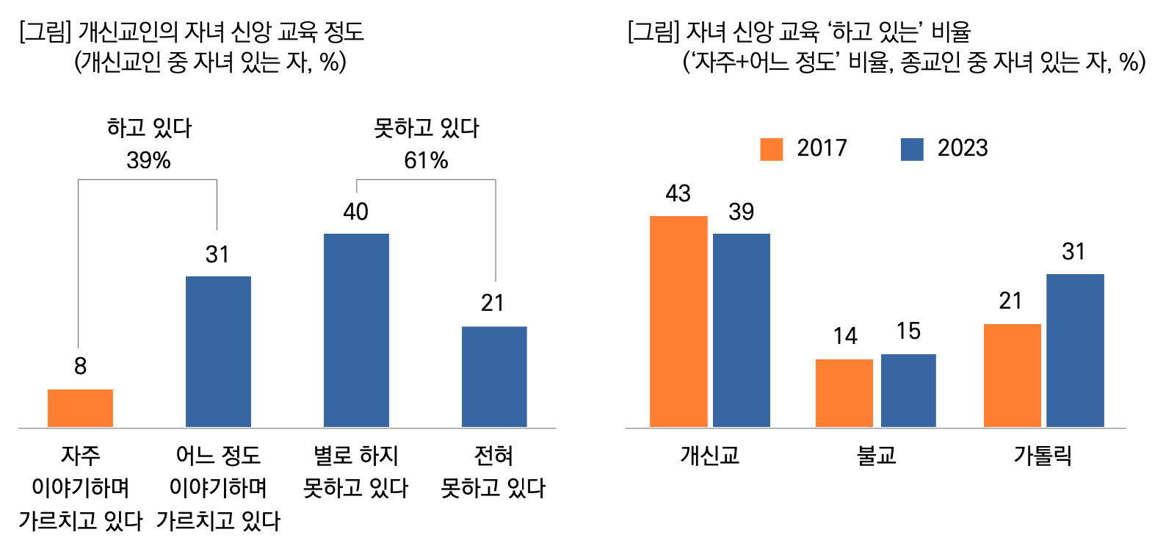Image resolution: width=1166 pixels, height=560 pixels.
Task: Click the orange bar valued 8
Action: point(80,408)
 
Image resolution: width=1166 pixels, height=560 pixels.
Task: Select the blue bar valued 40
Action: point(356,330)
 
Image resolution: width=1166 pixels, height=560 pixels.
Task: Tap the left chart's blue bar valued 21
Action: point(494,376)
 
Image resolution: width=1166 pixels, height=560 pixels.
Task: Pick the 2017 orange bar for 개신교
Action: point(678,321)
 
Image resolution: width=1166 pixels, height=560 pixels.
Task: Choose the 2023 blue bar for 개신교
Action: point(742,330)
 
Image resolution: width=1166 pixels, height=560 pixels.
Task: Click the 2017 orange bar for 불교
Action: point(844,392)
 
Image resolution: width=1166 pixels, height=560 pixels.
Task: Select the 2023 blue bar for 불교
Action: point(908,390)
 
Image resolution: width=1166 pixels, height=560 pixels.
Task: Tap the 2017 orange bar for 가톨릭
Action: point(1012,375)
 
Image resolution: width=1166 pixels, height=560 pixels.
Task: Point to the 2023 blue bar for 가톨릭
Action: point(1075,350)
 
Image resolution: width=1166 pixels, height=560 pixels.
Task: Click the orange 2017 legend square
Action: point(772,149)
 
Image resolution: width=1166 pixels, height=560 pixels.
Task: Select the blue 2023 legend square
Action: point(912,149)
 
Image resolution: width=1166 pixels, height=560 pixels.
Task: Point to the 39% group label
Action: point(148,160)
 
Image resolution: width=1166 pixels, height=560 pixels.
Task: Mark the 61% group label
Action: point(426,160)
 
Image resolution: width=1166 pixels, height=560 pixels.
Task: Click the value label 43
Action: point(678,193)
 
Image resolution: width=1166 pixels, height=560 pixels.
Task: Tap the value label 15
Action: point(908,331)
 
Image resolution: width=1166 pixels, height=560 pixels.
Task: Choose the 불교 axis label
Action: point(877,456)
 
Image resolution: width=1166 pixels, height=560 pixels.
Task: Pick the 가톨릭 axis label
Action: point(1043,456)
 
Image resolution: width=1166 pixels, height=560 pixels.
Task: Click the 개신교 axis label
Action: point(709,456)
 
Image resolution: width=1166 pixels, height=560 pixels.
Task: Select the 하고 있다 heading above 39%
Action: point(149,129)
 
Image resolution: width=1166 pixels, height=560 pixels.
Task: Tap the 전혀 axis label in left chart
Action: point(493,456)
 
